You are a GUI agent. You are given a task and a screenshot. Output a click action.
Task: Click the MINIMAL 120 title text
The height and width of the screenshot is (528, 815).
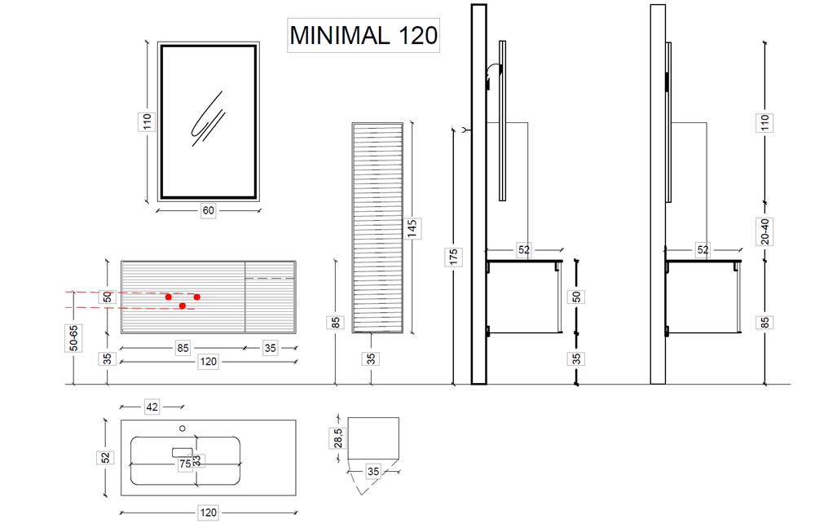pos(363,35)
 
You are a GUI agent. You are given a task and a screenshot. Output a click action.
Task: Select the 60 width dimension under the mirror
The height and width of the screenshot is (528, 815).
pos(208,210)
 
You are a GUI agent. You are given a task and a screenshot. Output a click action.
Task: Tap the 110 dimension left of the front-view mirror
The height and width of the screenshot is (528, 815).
pos(147,122)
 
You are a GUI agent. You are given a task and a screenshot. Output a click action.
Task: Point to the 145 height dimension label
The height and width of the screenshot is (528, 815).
pos(412,229)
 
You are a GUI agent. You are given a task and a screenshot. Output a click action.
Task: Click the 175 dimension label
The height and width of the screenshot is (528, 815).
pos(453,257)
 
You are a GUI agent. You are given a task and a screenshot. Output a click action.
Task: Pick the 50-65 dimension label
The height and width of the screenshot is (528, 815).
pos(74,338)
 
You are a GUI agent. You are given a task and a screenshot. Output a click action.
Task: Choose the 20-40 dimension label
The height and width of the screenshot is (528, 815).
pos(764,231)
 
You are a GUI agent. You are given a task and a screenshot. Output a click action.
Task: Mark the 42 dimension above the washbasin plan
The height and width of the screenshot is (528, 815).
pos(152,407)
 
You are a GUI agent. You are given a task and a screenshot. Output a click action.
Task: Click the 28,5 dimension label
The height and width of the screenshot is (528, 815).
pos(338,438)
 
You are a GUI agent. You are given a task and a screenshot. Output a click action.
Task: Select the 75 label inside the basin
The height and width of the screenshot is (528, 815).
pos(185,464)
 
